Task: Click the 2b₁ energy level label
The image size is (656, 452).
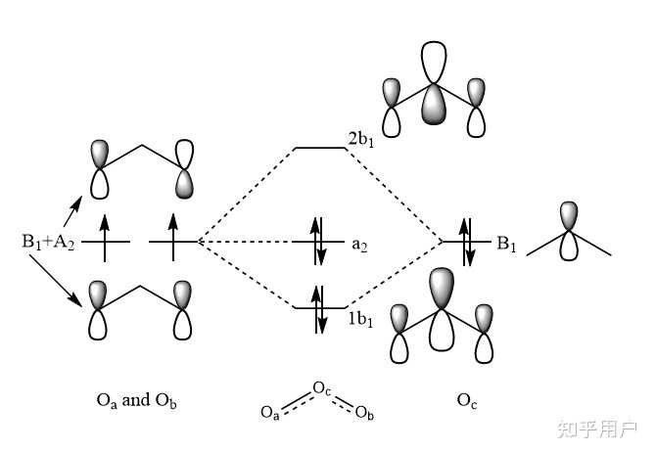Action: [360, 139]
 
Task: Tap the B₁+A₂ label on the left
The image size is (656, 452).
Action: [47, 241]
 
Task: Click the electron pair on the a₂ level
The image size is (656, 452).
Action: [316, 241]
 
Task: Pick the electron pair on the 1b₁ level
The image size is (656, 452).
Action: [316, 305]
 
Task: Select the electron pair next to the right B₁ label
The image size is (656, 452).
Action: [467, 241]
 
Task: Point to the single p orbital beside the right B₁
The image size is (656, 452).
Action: [568, 231]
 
